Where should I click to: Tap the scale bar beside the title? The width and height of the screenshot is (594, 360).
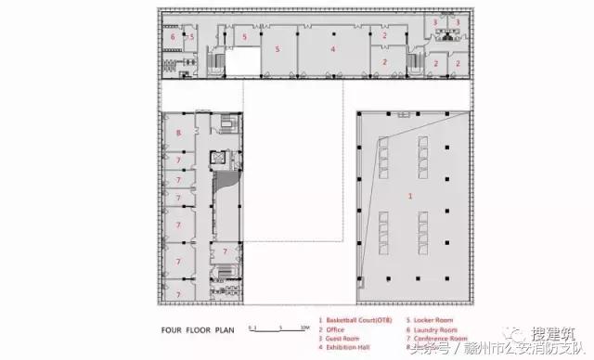(278, 328)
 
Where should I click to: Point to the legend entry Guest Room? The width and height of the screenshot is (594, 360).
(341, 335)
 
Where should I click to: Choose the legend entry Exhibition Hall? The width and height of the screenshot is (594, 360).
(346, 343)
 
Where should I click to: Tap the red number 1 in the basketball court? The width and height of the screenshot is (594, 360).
(409, 197)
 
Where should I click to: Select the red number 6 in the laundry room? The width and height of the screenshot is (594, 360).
(173, 36)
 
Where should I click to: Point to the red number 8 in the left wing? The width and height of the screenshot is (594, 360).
(178, 134)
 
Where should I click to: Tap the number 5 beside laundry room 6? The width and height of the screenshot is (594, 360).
(191, 37)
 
